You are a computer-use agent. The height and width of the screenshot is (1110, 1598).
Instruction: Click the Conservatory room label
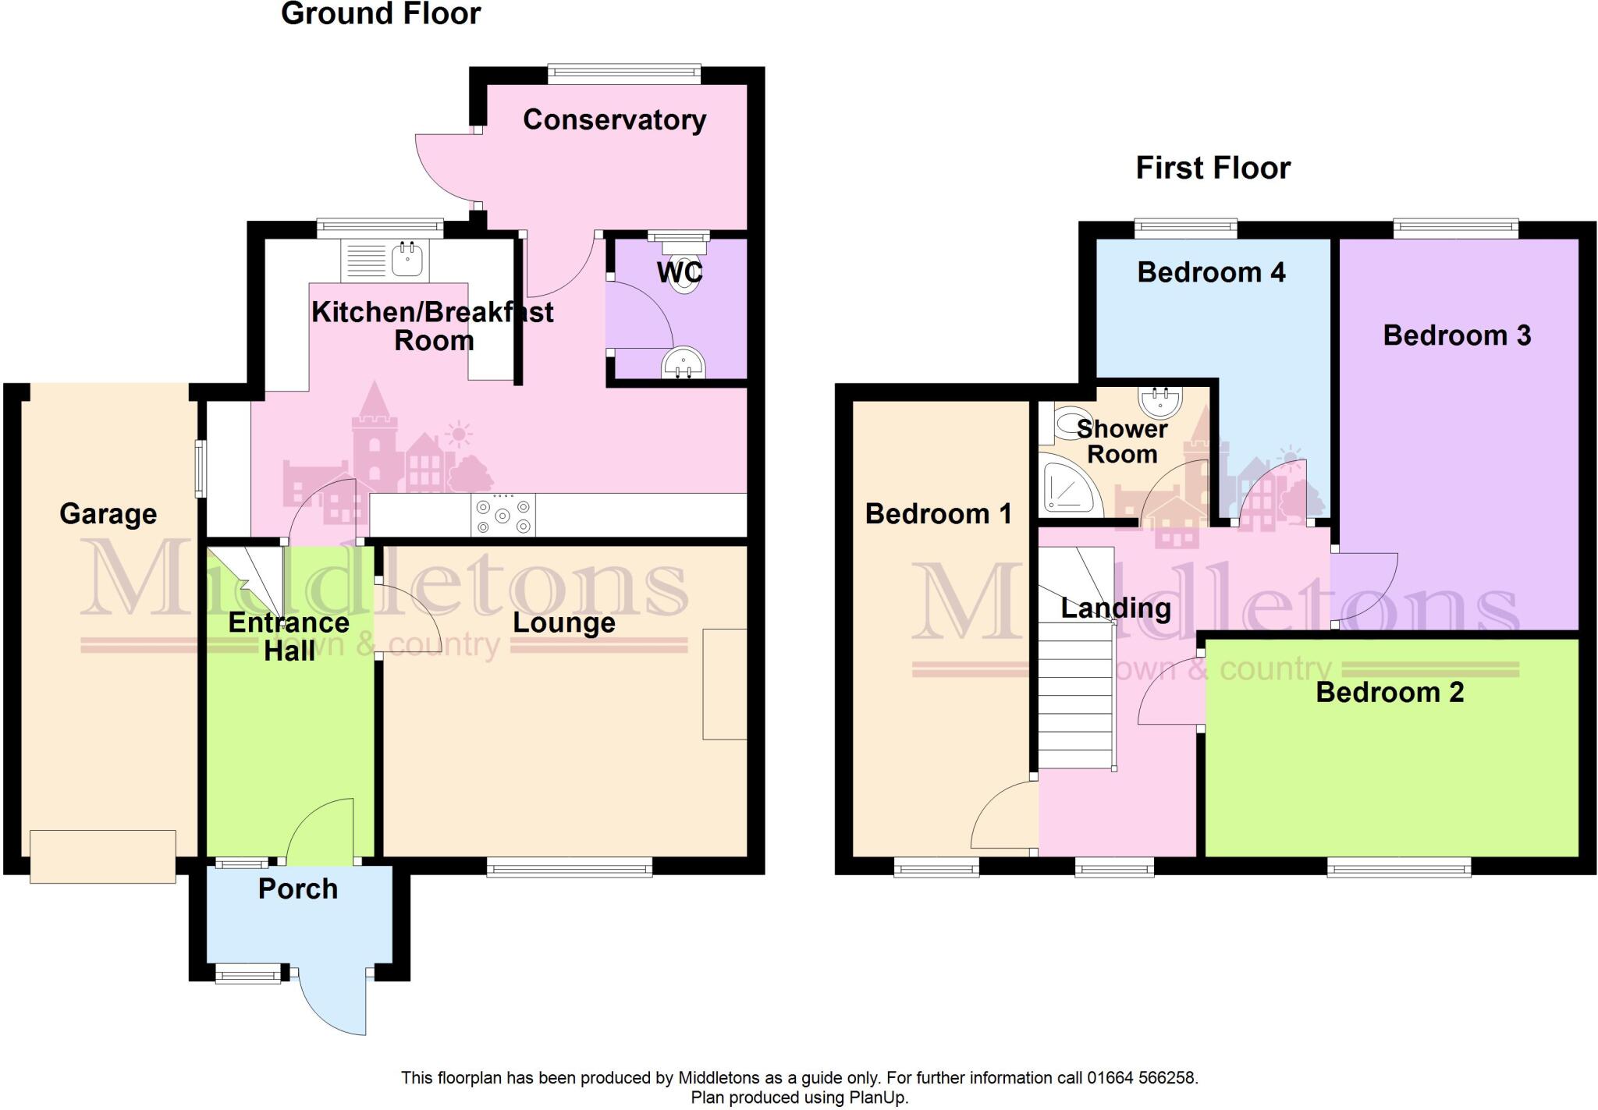pyautogui.click(x=614, y=120)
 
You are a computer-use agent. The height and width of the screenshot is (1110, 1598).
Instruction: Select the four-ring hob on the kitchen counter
pyautogui.click(x=503, y=516)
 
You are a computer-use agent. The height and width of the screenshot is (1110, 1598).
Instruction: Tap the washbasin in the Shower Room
pyautogui.click(x=1162, y=402)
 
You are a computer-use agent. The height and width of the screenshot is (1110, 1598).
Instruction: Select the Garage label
pyautogui.click(x=108, y=514)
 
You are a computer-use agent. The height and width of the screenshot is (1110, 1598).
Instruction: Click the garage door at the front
pyautogui.click(x=102, y=856)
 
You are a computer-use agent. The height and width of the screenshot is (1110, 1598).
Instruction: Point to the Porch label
pyautogui.click(x=297, y=889)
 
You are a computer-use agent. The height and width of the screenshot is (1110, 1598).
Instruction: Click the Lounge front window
pyautogui.click(x=570, y=867)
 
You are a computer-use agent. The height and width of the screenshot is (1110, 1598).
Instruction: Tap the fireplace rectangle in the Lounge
pyautogui.click(x=725, y=683)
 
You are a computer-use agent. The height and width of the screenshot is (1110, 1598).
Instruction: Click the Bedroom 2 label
pyautogui.click(x=1390, y=692)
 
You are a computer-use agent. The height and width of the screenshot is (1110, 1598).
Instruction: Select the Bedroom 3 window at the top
pyautogui.click(x=1456, y=229)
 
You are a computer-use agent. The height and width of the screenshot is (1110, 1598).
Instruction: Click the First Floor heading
pyautogui.click(x=1213, y=168)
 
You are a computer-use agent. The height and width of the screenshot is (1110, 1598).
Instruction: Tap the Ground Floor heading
pyautogui.click(x=381, y=14)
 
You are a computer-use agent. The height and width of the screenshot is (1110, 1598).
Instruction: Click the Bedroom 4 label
pyautogui.click(x=1211, y=272)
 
